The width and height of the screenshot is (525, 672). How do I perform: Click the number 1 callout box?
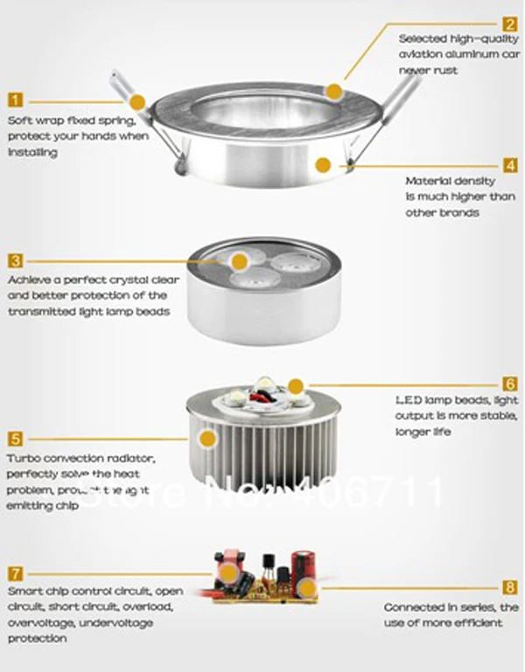click(15, 100)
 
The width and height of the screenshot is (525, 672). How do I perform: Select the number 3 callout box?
click(15, 260)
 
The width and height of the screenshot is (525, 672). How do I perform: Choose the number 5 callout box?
click(15, 439)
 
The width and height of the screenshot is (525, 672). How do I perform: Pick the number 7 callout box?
click(15, 573)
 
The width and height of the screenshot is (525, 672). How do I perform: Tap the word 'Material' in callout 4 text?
click(425, 182)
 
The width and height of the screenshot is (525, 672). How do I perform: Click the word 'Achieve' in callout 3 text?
click(29, 281)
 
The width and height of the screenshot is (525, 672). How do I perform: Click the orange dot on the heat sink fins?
click(208, 437)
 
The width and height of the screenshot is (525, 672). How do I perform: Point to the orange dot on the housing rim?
click(333, 90)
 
